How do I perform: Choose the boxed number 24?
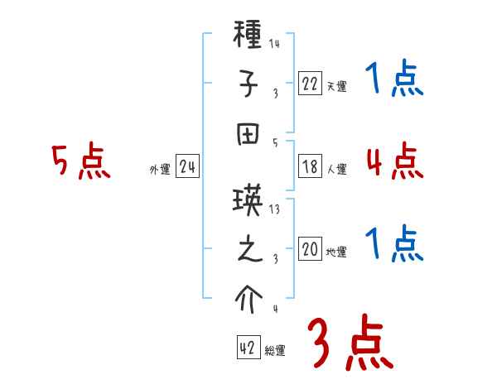[188, 167]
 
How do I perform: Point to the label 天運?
[336, 86]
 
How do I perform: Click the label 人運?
[336, 170]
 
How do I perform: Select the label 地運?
[336, 252]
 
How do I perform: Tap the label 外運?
[160, 170]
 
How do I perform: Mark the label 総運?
[275, 351]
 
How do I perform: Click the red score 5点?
[80, 162]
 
